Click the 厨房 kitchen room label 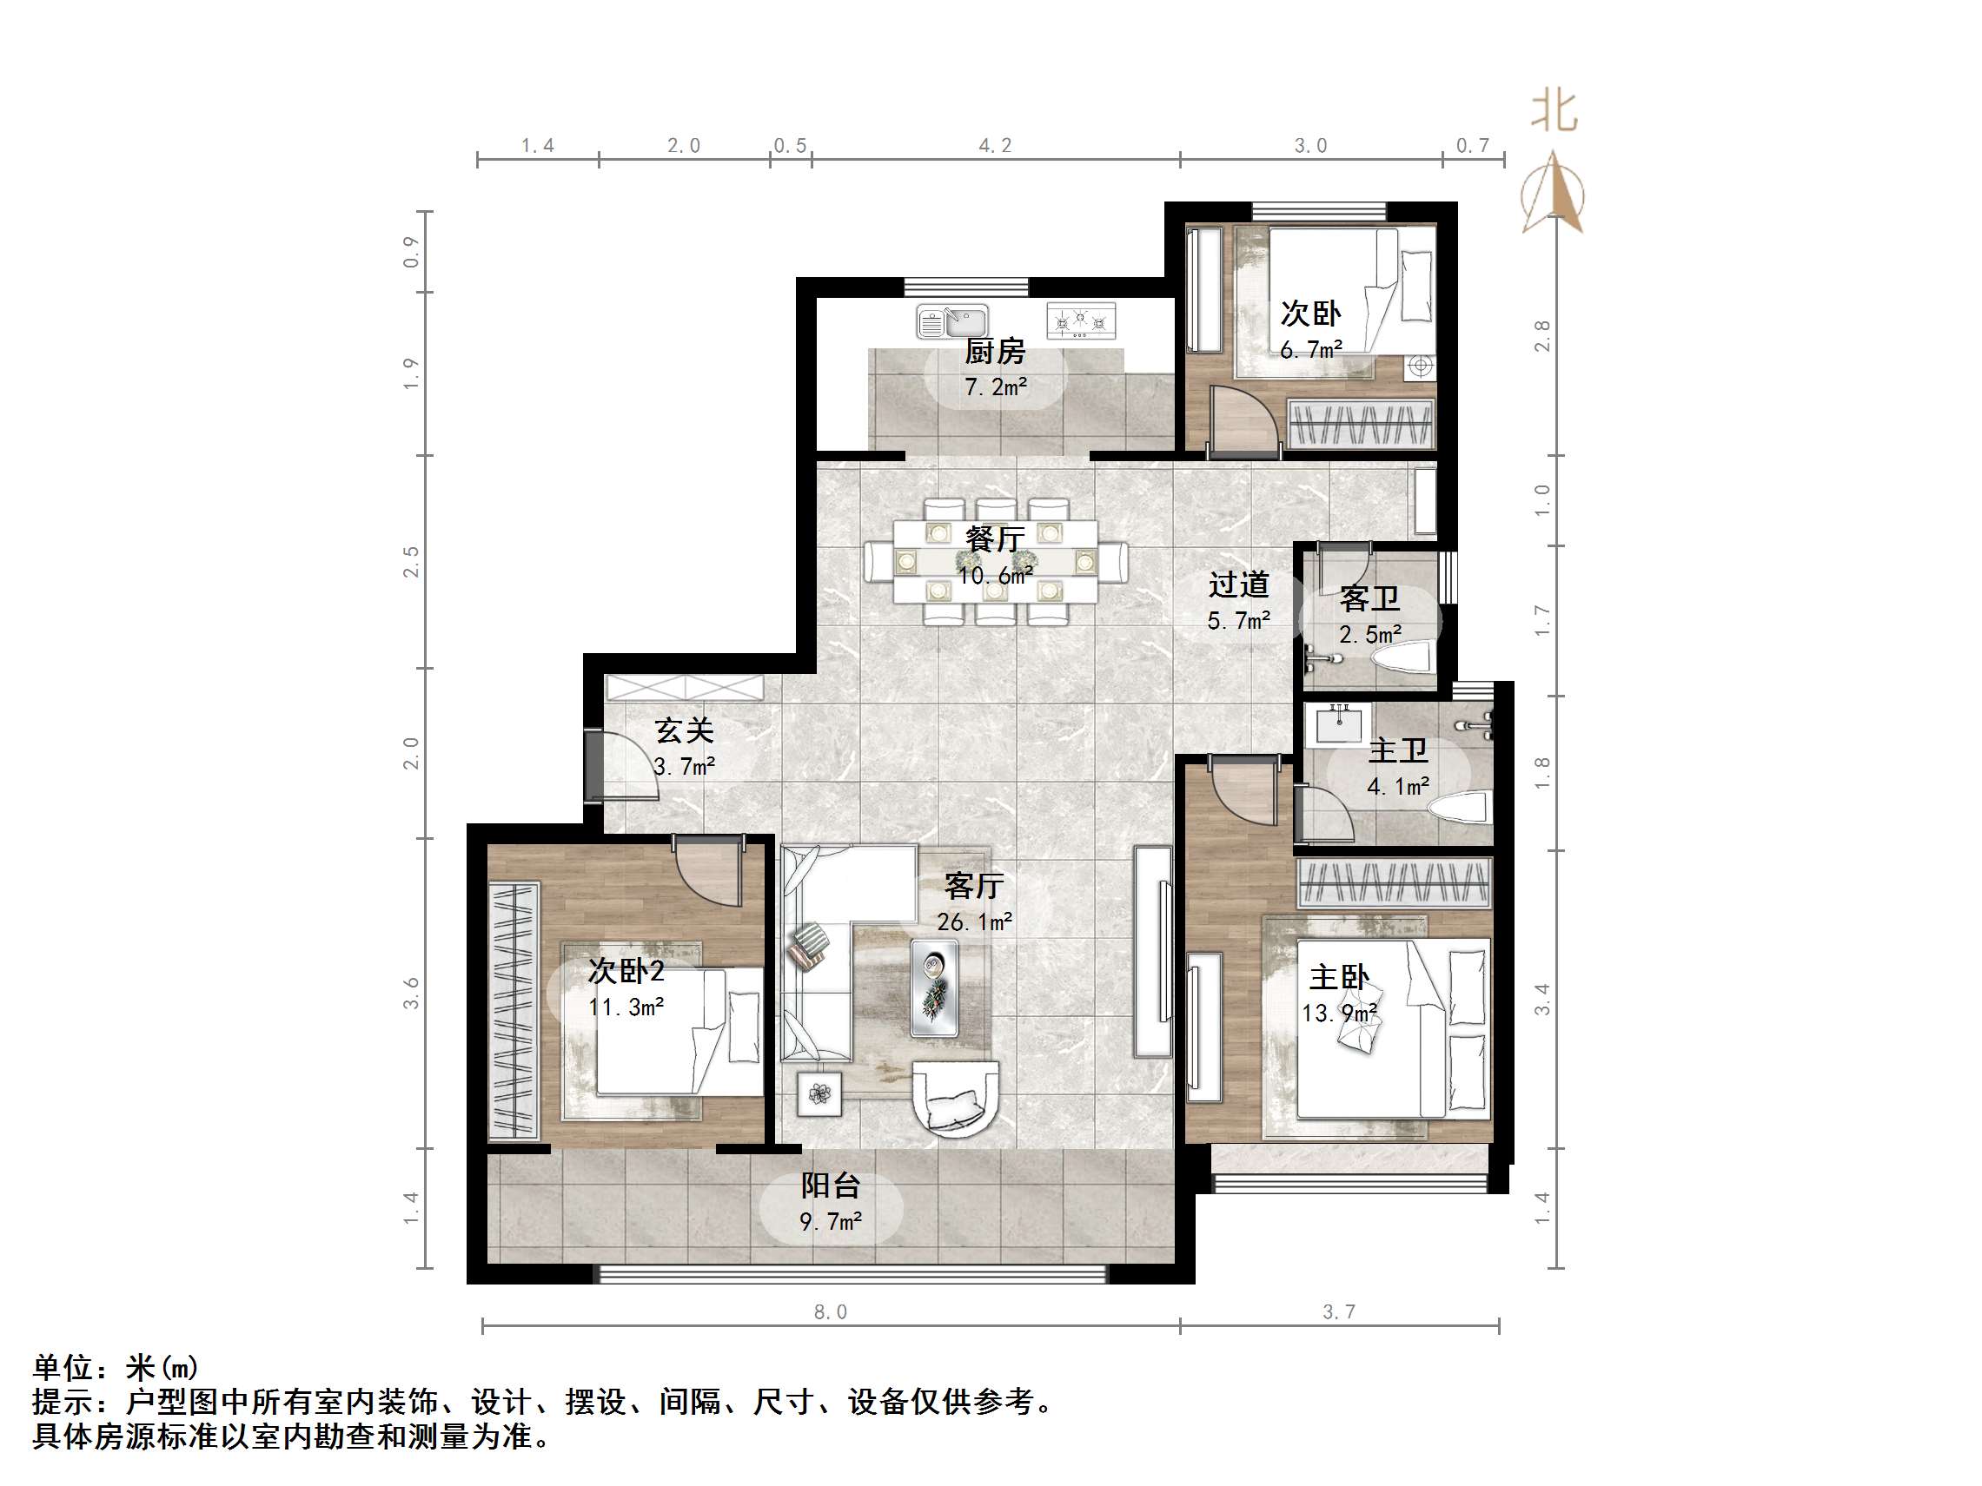(995, 352)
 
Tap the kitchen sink (951, 320)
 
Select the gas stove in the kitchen (1081, 320)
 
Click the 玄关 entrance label (684, 731)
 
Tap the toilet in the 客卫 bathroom (1402, 661)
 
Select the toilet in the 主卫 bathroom (1461, 807)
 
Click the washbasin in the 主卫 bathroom (1338, 723)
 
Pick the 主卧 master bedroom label (1339, 977)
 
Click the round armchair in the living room (955, 1098)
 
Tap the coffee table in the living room (934, 988)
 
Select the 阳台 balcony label (830, 1185)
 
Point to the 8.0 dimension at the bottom (830, 1312)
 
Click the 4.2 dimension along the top (995, 146)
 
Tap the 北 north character (1553, 112)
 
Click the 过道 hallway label (1238, 584)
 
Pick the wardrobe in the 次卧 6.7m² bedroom (1361, 423)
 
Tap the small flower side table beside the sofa (819, 1093)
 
